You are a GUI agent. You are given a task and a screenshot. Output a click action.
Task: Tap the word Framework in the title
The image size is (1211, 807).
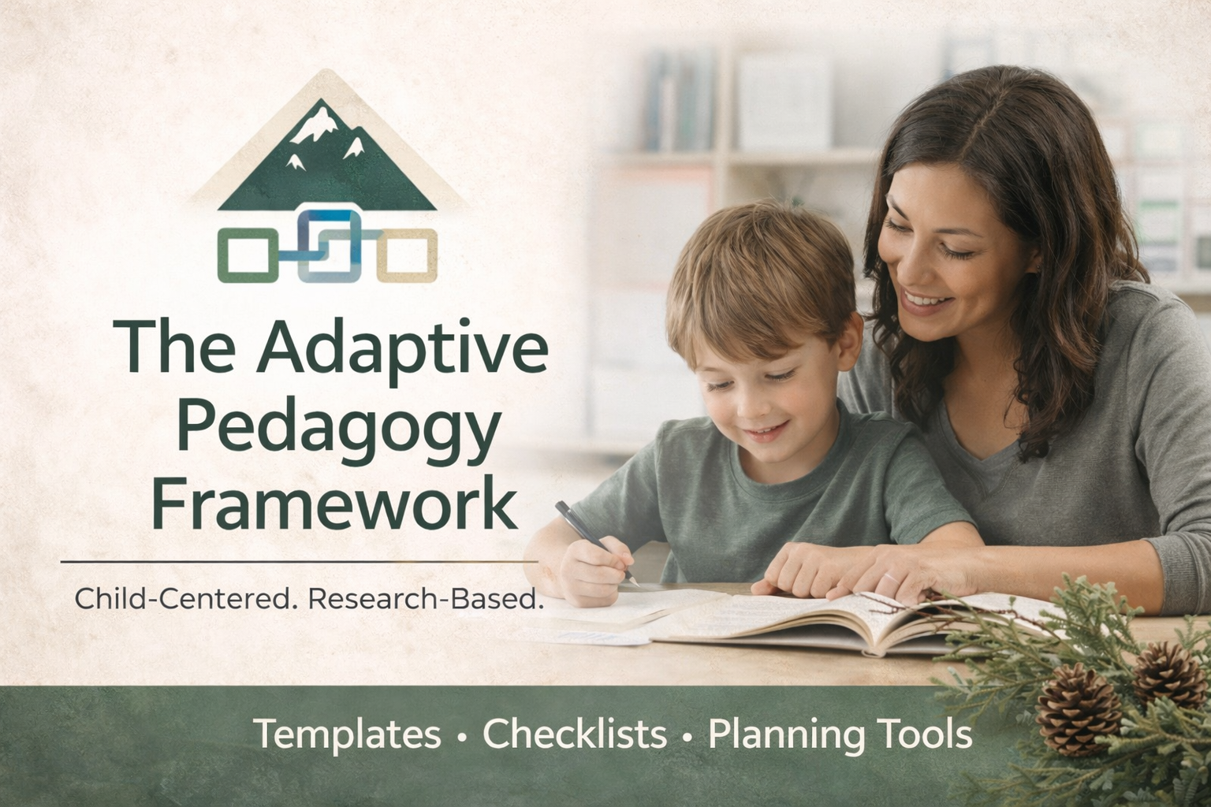pyautogui.click(x=335, y=503)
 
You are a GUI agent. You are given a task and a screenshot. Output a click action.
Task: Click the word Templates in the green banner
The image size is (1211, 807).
pyautogui.click(x=347, y=734)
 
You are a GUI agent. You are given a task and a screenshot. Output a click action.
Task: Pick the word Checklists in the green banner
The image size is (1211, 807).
pyautogui.click(x=575, y=734)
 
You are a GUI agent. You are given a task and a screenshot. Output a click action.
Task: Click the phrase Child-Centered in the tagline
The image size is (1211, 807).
pyautogui.click(x=186, y=600)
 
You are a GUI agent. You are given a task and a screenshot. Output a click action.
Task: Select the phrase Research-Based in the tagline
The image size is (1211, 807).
pyautogui.click(x=427, y=600)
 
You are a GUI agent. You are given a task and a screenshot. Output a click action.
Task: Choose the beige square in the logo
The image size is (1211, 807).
pyautogui.click(x=407, y=255)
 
